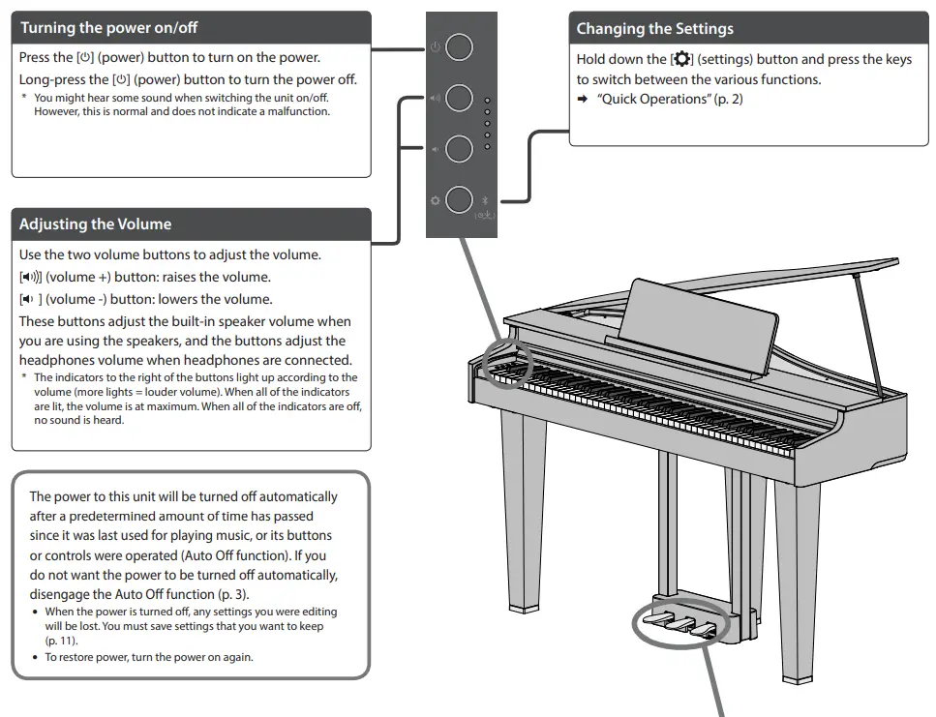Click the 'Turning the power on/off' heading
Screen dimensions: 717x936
coord(109,27)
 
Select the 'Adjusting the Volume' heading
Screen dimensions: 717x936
coord(96,224)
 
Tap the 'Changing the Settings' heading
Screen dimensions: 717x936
coord(655,29)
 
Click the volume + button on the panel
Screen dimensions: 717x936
coord(460,98)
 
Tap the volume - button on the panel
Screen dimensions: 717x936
coord(460,148)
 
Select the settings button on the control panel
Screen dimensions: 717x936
coord(460,200)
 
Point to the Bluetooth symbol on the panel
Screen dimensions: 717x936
coord(486,198)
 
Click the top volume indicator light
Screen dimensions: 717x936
coord(487,101)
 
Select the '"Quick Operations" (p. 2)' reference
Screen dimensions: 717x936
coord(670,100)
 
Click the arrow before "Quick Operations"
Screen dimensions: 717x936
coord(584,100)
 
